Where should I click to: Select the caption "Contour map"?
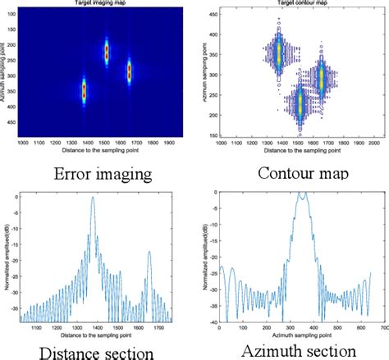293,173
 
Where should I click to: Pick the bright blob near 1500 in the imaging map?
106,52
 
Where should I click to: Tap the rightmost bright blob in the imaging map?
129,71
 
